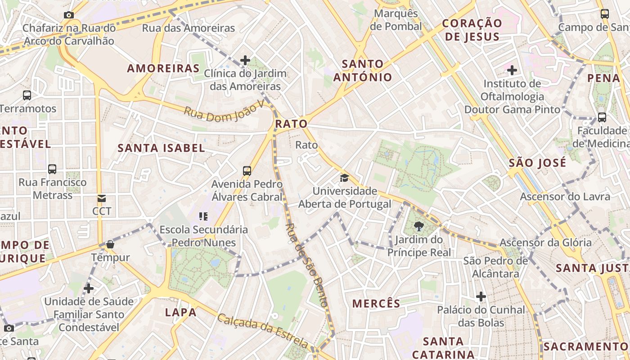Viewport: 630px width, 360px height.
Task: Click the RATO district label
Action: tap(291, 124)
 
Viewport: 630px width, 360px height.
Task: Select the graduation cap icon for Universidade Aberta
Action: tap(344, 178)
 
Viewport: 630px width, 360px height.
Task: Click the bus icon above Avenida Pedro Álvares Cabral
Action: tap(247, 171)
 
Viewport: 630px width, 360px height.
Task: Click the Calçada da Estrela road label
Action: tap(264, 332)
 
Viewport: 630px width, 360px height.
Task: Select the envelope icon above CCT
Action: tap(102, 198)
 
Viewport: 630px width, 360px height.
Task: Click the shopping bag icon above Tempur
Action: tap(110, 244)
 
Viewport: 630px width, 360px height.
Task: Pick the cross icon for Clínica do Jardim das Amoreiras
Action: tap(245, 60)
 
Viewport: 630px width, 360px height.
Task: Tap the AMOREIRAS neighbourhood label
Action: tap(163, 68)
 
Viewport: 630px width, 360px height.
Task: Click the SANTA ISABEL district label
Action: tap(161, 148)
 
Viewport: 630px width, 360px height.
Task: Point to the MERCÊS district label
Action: tap(376, 304)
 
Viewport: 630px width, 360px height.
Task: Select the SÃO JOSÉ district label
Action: tap(537, 163)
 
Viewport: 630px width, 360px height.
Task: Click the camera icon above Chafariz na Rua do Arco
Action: tap(69, 15)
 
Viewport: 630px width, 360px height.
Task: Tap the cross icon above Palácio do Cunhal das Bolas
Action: tap(481, 297)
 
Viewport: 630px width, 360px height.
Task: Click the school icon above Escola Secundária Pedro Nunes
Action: tap(203, 216)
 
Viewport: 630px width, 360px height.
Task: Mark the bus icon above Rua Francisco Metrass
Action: tap(52, 169)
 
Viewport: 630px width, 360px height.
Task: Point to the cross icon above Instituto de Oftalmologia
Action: tap(512, 70)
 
